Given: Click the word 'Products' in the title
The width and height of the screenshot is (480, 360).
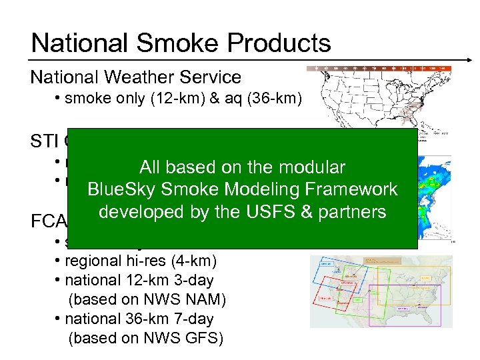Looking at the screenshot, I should click(x=279, y=43).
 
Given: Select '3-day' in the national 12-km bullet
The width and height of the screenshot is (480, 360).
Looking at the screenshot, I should click(x=194, y=280).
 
